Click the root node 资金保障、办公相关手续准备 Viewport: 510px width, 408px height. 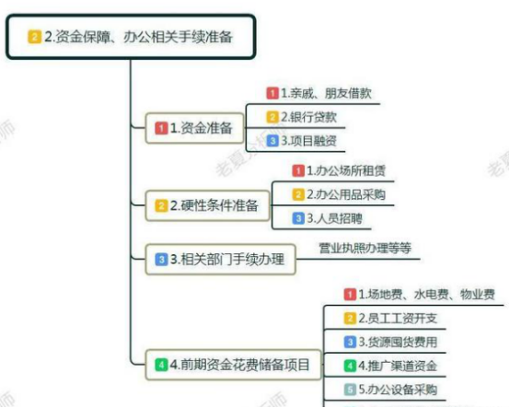(x=131, y=37)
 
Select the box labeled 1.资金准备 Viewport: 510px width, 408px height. (x=194, y=128)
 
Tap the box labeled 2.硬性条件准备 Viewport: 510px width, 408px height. (x=207, y=205)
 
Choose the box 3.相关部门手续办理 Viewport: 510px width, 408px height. (x=221, y=260)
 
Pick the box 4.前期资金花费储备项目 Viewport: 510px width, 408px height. (x=233, y=365)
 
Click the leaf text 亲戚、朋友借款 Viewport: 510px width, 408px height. (x=326, y=93)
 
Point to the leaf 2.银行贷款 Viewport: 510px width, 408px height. (x=302, y=117)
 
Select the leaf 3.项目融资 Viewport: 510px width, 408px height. (x=302, y=141)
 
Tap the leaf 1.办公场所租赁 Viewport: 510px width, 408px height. (x=340, y=170)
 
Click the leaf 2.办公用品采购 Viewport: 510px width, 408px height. (x=340, y=194)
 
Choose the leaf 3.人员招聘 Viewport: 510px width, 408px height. (x=328, y=218)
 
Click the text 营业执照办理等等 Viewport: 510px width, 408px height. (x=365, y=248)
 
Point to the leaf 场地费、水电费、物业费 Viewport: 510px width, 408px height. (x=427, y=295)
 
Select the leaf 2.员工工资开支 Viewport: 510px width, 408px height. (x=390, y=318)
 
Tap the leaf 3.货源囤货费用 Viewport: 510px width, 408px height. (x=390, y=342)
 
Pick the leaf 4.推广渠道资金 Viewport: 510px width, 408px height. (x=390, y=366)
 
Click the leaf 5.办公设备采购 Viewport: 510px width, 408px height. (x=390, y=390)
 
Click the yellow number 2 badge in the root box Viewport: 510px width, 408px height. (x=34, y=37)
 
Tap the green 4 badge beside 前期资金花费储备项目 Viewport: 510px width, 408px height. (x=161, y=365)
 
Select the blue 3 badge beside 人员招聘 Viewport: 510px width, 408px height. (x=298, y=218)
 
